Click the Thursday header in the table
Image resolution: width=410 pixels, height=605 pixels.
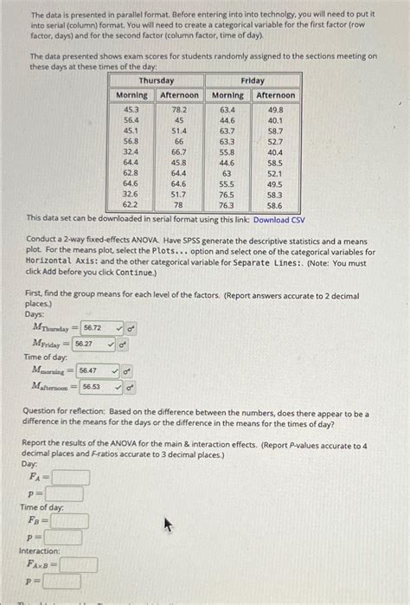[x=157, y=80]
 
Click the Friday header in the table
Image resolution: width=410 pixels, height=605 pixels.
[x=253, y=80]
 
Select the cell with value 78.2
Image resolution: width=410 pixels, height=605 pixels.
[x=179, y=110]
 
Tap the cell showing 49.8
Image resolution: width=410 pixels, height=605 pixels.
[x=275, y=110]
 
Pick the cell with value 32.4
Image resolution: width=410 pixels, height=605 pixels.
[x=131, y=151]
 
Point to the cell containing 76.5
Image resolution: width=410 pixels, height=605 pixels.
[x=227, y=195]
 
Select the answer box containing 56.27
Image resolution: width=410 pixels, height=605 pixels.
[x=93, y=344]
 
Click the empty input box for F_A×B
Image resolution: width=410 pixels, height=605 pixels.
[x=78, y=565]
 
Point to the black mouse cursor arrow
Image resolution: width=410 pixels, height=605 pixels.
[x=169, y=525]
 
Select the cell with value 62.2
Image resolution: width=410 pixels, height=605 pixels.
[x=131, y=205]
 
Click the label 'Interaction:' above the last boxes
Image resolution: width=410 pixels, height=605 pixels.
[x=40, y=551]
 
